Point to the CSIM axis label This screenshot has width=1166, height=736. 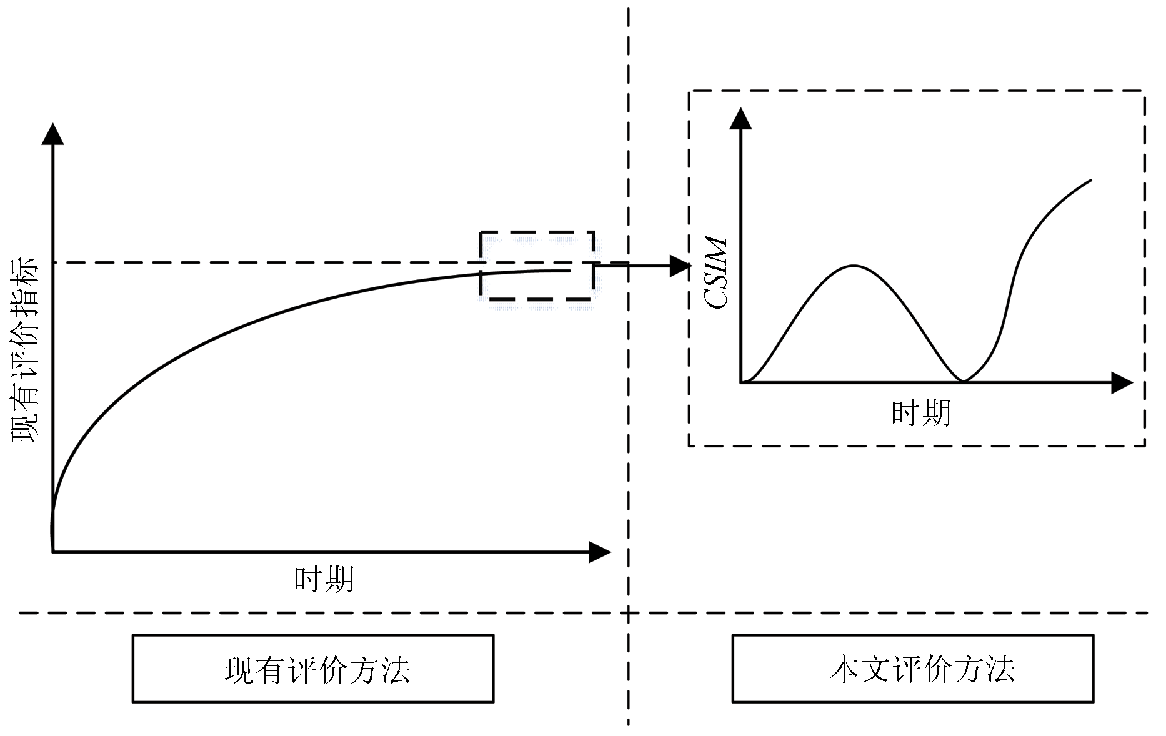(x=715, y=272)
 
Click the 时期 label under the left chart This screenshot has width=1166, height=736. (x=324, y=579)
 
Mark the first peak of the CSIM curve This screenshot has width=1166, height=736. (x=854, y=266)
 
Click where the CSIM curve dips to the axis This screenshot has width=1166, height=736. (x=964, y=381)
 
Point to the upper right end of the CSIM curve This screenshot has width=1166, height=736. (x=1091, y=180)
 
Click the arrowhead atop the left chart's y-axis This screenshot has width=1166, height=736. (x=52, y=134)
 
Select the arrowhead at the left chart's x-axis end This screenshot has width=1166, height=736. (x=600, y=552)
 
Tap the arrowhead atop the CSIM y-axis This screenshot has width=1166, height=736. (x=740, y=118)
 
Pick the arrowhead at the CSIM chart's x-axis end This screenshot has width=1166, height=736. (x=1122, y=382)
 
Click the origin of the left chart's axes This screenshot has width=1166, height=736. (x=52, y=552)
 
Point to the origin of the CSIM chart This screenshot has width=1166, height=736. (x=740, y=382)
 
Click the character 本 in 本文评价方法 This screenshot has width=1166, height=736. (x=844, y=669)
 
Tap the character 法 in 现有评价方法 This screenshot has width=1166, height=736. (x=395, y=669)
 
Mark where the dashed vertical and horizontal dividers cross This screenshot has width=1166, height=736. (x=629, y=613)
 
